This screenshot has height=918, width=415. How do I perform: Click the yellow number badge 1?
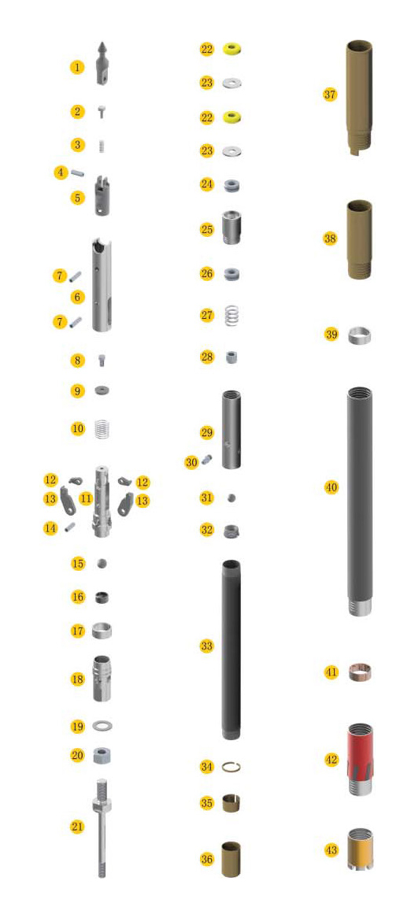[x=77, y=67]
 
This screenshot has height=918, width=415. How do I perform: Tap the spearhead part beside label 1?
[x=102, y=63]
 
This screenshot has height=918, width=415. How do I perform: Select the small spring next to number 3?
[x=102, y=146]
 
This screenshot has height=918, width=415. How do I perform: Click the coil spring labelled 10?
[x=102, y=430]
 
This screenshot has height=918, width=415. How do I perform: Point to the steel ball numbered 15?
[x=102, y=563]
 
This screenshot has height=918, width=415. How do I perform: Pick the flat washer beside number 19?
[x=102, y=726]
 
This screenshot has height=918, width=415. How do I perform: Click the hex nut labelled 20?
[x=102, y=755]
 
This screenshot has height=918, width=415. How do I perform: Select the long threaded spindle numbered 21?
[x=102, y=827]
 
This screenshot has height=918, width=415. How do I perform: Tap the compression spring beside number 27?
[x=232, y=316]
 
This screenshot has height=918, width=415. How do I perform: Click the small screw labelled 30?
[x=206, y=460]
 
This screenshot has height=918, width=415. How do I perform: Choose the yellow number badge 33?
[x=206, y=646]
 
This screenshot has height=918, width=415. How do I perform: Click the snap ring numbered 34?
[x=232, y=766]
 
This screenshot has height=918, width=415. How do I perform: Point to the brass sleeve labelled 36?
[x=232, y=859]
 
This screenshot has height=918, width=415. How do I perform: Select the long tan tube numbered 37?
[x=360, y=98]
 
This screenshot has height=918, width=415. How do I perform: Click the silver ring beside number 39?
[x=360, y=335]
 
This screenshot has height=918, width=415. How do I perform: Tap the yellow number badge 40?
[x=332, y=487]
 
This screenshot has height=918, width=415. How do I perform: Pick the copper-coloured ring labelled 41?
[x=360, y=672]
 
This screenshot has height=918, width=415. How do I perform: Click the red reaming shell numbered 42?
[x=360, y=759]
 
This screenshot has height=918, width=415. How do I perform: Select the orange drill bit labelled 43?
[x=360, y=849]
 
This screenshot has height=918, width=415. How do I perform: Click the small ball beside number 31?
[x=232, y=498]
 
